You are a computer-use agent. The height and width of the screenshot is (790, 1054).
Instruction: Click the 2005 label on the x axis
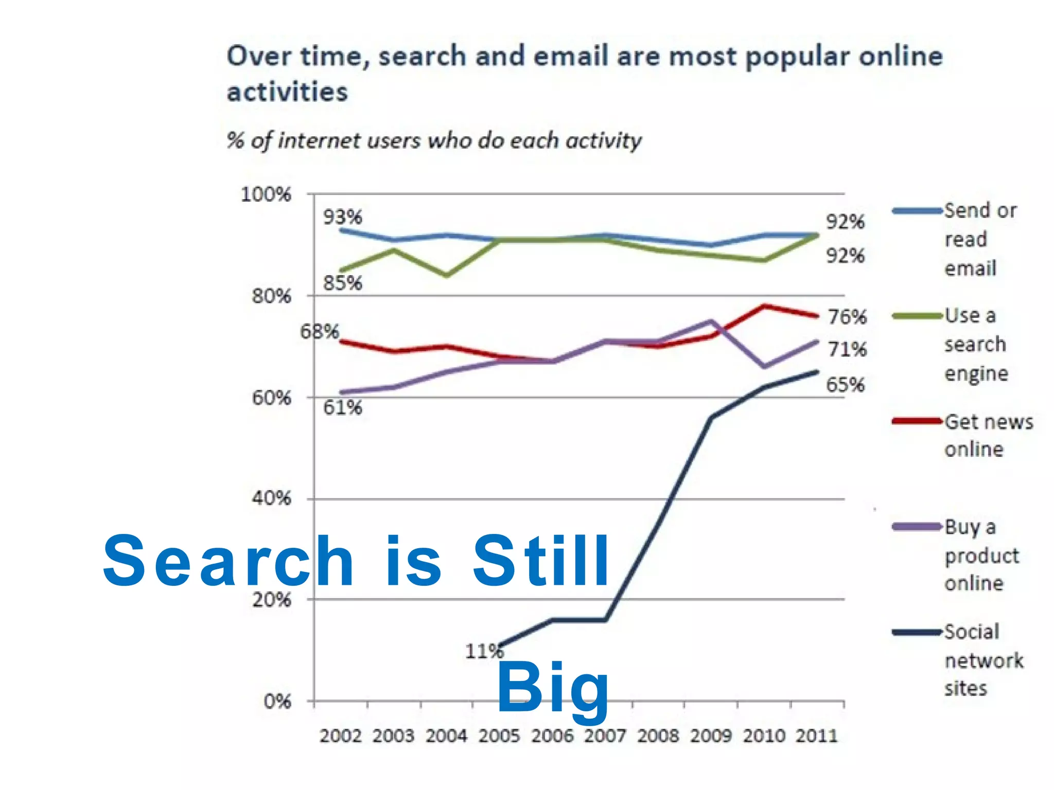point(499,735)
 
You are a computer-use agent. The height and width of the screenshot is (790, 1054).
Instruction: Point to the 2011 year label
point(817,735)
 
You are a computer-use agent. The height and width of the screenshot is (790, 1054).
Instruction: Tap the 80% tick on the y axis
point(271,296)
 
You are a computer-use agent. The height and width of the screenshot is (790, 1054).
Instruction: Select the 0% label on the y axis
point(277,702)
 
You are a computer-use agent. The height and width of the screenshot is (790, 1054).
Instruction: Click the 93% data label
point(342,217)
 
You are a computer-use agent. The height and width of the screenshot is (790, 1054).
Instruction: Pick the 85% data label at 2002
point(342,283)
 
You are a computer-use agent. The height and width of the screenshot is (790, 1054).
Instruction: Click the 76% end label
point(847,317)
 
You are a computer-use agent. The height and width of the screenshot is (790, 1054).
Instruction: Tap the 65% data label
point(845,385)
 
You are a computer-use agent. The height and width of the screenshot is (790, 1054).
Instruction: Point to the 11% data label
point(484,652)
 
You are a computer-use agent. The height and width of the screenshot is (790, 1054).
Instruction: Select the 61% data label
point(342,407)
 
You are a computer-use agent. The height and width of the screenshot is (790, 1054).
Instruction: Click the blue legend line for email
point(917,211)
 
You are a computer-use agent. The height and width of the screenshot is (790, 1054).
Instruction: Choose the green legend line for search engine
point(917,316)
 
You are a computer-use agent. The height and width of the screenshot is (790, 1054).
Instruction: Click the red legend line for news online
point(917,421)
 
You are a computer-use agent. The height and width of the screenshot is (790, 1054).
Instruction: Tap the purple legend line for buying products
point(917,527)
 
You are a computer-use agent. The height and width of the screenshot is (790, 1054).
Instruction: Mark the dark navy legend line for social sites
point(917,632)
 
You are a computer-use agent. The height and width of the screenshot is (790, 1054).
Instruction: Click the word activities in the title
point(287,93)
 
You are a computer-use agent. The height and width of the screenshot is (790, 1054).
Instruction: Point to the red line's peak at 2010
point(764,306)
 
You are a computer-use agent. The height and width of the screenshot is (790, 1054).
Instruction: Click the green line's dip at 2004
point(447,275)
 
